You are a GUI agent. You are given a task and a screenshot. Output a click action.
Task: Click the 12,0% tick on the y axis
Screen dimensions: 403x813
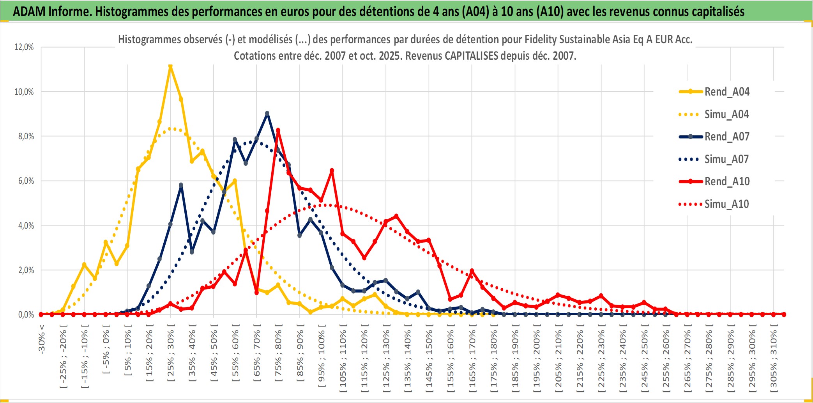click(x=24, y=47)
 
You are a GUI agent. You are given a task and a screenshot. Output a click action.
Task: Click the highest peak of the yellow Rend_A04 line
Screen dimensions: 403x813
click(x=170, y=66)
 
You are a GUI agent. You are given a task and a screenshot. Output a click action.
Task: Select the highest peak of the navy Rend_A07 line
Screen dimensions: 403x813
click(x=267, y=114)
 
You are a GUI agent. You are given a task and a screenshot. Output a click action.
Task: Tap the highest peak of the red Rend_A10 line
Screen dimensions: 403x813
click(x=278, y=130)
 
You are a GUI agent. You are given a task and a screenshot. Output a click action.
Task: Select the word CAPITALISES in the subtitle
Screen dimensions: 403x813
click(x=471, y=56)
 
